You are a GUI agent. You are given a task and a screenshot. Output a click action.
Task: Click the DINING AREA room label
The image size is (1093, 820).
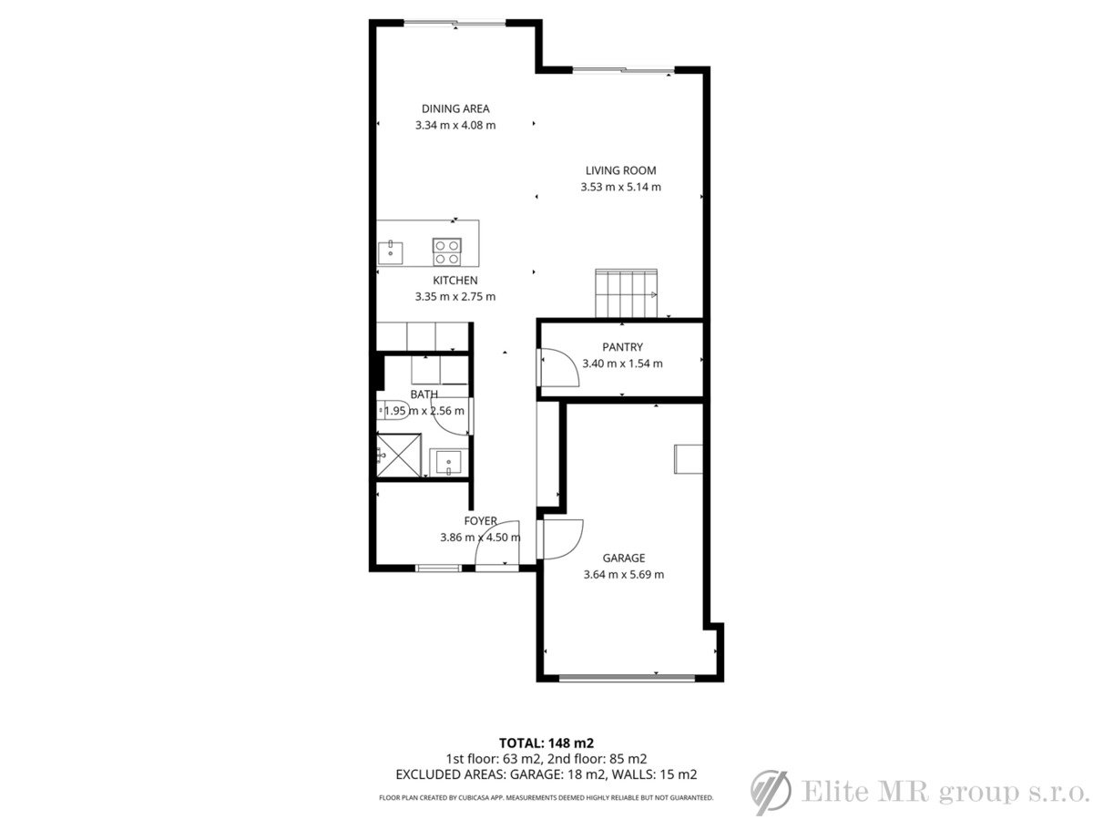(455, 108)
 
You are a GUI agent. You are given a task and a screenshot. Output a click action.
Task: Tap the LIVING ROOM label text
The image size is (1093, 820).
(620, 170)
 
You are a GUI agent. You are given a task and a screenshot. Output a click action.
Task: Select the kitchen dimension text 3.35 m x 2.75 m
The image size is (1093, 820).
(455, 297)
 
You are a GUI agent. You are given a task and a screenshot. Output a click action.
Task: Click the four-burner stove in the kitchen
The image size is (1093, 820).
(446, 252)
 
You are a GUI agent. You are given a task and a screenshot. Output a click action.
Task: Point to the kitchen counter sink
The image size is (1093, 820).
(391, 252)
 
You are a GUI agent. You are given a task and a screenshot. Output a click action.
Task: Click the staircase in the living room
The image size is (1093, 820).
(626, 293)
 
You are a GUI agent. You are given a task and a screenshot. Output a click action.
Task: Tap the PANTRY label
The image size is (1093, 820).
(622, 347)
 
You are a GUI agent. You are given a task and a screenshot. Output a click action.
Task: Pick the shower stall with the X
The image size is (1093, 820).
(398, 455)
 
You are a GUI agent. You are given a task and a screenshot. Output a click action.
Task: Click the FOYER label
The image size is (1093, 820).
(480, 521)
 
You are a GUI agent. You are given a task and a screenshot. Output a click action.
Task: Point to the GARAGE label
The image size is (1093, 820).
(623, 559)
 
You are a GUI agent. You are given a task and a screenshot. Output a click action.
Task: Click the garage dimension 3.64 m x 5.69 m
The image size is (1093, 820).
(623, 575)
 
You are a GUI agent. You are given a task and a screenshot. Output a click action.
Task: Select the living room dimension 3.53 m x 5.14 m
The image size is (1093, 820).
(620, 187)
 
